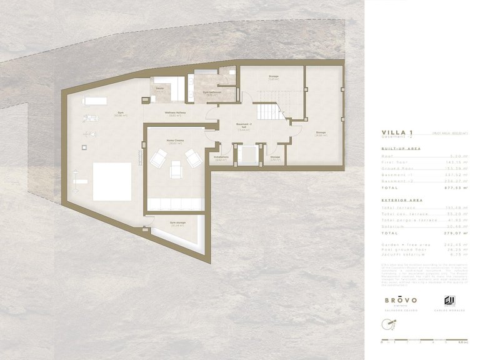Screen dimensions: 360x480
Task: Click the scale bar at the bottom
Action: click(x=424, y=340)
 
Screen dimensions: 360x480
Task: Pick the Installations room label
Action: click(x=221, y=158)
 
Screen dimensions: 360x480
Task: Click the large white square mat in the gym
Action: click(x=112, y=181)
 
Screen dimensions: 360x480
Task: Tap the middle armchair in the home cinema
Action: click(x=176, y=168)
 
